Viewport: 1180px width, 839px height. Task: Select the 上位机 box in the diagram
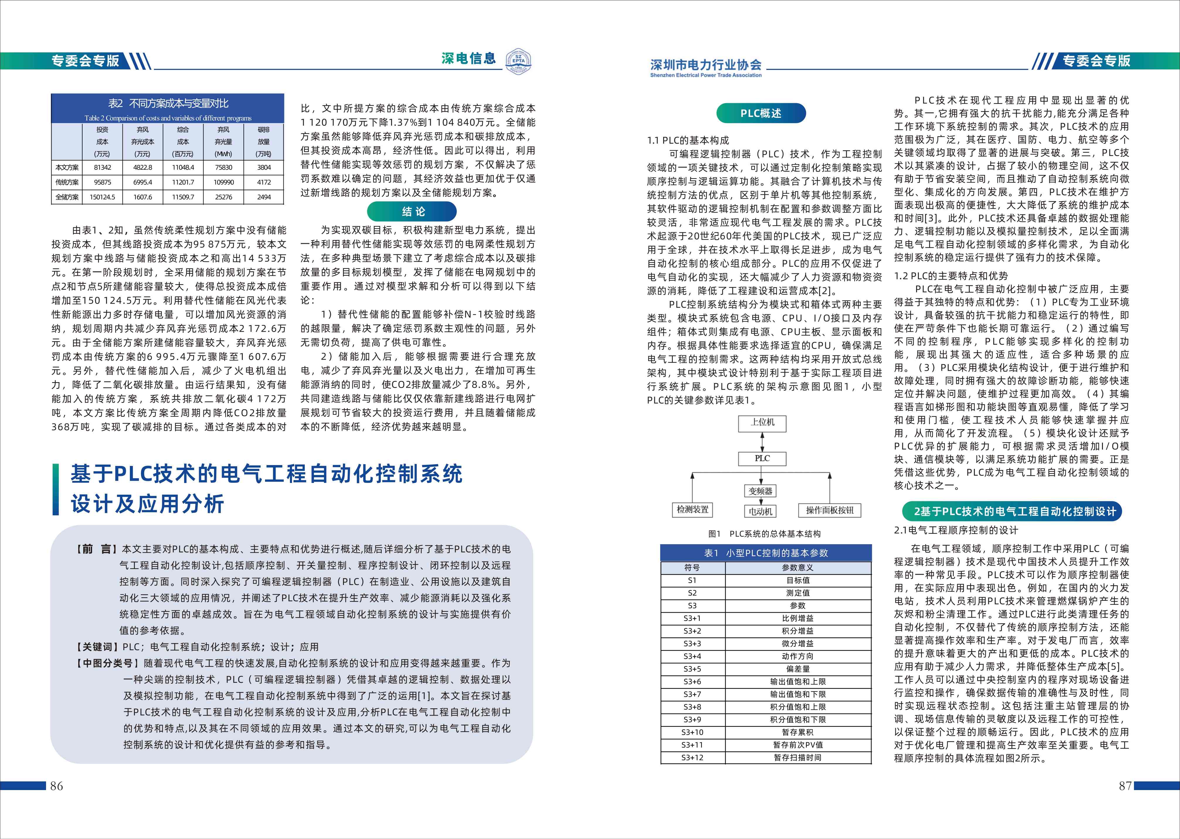[x=762, y=423]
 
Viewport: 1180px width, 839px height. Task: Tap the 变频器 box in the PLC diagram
[x=760, y=491]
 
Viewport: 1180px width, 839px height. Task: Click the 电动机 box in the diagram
[x=760, y=511]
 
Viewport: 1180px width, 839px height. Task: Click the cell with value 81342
[x=102, y=167]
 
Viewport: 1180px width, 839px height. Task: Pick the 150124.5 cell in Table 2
[x=102, y=197]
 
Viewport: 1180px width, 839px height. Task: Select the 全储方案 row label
[x=67, y=197]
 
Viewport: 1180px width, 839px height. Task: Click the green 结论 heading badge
[x=412, y=211]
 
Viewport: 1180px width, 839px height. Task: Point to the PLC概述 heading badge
[x=761, y=113]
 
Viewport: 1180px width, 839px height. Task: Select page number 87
[x=1125, y=786]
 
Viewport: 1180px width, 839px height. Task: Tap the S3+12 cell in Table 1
[x=692, y=757]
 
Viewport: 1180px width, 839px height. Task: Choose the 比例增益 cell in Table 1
[x=797, y=618]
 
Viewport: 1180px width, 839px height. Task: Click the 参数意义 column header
[x=797, y=568]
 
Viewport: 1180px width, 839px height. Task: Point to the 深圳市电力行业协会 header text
[x=706, y=64]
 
